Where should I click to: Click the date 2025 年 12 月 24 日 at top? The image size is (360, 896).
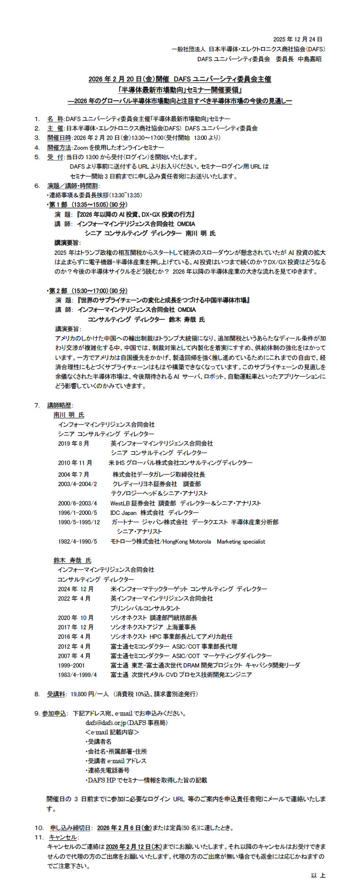click(x=298, y=39)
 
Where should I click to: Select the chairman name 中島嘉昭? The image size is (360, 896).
click(x=310, y=59)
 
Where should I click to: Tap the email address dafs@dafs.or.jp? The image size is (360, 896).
click(x=106, y=723)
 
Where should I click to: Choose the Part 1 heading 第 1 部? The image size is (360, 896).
click(x=58, y=204)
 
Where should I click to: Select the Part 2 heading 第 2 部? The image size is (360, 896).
click(x=58, y=291)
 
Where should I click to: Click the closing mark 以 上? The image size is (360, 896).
click(x=318, y=875)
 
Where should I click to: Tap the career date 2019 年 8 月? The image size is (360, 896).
click(x=74, y=443)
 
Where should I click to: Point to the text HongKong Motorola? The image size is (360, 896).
click(x=187, y=542)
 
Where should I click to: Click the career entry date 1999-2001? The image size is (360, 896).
click(x=72, y=665)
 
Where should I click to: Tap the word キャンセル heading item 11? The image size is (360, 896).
click(x=63, y=837)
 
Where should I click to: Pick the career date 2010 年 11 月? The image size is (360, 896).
click(x=75, y=463)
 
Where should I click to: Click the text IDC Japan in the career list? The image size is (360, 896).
click(x=123, y=513)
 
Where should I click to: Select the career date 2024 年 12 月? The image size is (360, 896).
click(x=75, y=589)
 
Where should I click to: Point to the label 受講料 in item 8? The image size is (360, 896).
click(x=56, y=694)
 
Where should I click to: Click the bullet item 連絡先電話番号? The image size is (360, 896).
click(x=108, y=770)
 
